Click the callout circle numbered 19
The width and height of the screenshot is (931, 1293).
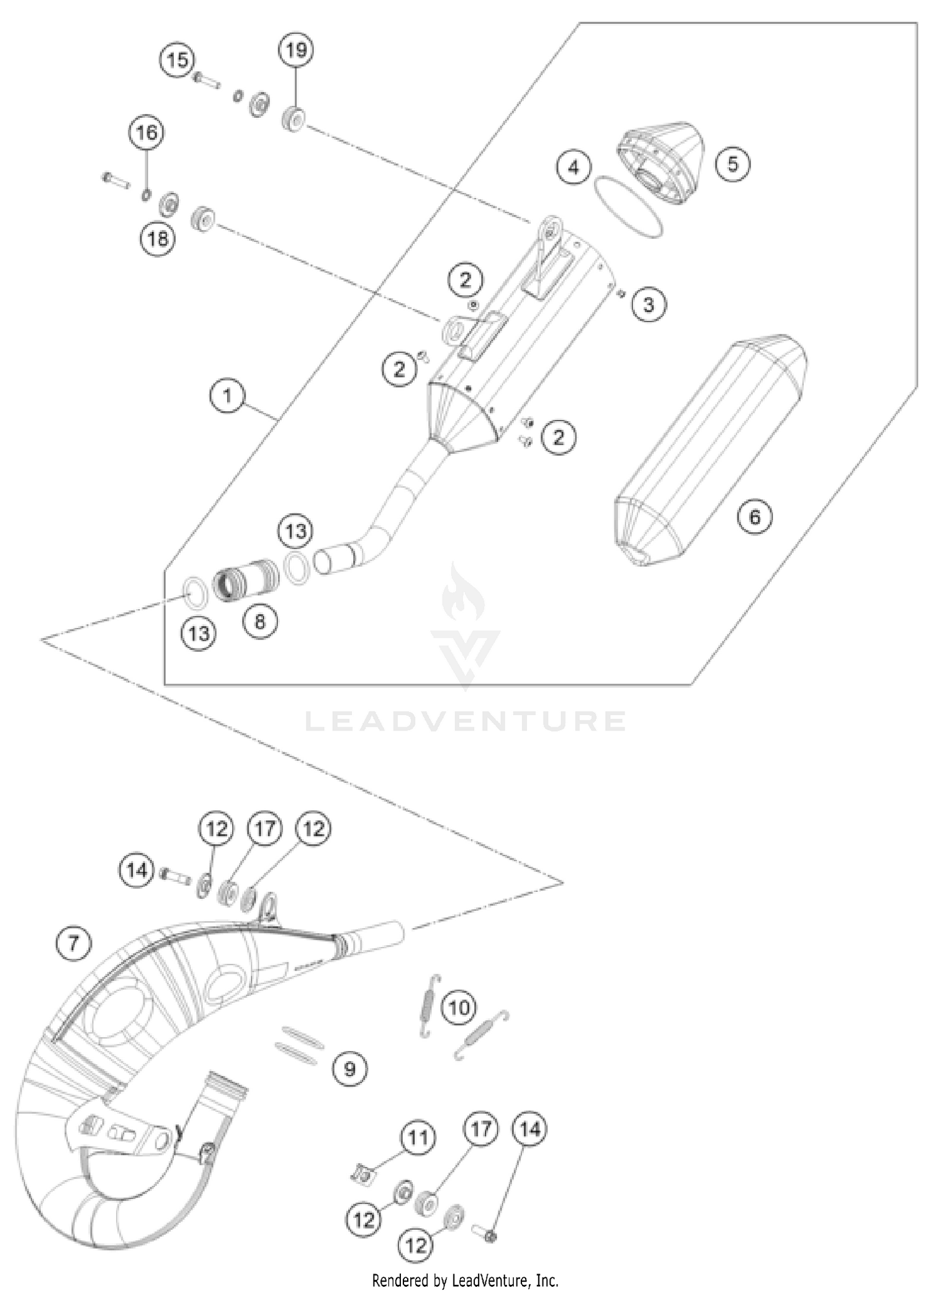pyautogui.click(x=296, y=50)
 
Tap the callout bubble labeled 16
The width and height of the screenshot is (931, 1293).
pyautogui.click(x=147, y=133)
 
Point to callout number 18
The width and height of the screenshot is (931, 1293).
pyautogui.click(x=158, y=238)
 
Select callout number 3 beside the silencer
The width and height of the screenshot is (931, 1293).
pyautogui.click(x=649, y=304)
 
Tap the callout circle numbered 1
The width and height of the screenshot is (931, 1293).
pyautogui.click(x=227, y=395)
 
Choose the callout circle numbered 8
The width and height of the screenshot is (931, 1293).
pyautogui.click(x=259, y=621)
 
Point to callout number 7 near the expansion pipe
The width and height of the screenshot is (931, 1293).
pyautogui.click(x=73, y=943)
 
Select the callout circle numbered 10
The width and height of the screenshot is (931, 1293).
pyautogui.click(x=459, y=1007)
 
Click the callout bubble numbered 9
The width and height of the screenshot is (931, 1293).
pyautogui.click(x=350, y=1069)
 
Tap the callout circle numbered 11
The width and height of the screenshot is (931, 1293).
pyautogui.click(x=418, y=1137)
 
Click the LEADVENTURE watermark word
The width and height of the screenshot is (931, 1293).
pyautogui.click(x=465, y=721)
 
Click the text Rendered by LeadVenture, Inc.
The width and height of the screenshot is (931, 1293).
pyautogui.click(x=465, y=1280)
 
